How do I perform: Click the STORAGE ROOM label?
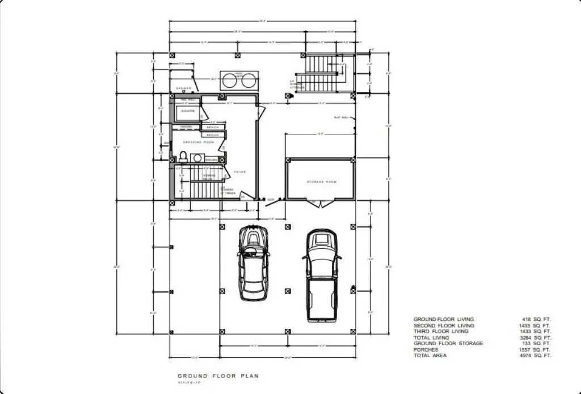point(322,182)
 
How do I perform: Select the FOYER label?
point(240,171)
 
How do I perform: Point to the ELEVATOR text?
point(188,111)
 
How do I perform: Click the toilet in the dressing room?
point(183,156)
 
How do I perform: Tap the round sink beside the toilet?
point(197,158)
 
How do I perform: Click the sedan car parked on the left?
point(253,262)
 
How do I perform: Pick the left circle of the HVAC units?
point(230,81)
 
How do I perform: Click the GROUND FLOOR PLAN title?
point(218,376)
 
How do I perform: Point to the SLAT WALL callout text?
point(341,118)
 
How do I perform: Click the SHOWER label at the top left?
point(183,88)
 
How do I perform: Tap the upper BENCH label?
point(213,128)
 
